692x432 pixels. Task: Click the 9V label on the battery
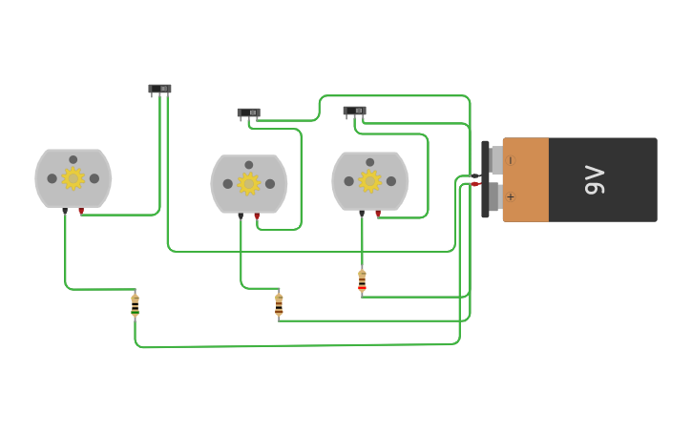[595, 179]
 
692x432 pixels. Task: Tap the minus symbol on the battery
[511, 160]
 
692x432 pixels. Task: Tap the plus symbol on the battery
[511, 197]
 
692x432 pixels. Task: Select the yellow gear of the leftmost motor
[73, 178]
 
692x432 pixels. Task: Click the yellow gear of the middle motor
[249, 183]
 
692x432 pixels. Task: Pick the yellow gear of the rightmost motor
[370, 180]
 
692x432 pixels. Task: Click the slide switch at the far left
[159, 89]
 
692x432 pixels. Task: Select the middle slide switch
[248, 113]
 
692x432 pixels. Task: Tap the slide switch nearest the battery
[354, 112]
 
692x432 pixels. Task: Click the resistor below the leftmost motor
[135, 305]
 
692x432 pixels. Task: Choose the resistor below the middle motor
[279, 304]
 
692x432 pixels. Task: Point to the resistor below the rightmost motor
[362, 280]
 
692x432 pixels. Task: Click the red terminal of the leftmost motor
[81, 211]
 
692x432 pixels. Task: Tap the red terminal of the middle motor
[257, 216]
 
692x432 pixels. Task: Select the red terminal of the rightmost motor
[378, 214]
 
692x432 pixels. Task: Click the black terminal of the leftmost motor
[65, 211]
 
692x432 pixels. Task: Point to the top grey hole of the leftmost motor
[73, 159]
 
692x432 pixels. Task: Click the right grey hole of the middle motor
[270, 184]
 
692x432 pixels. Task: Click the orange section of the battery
[526, 179]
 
